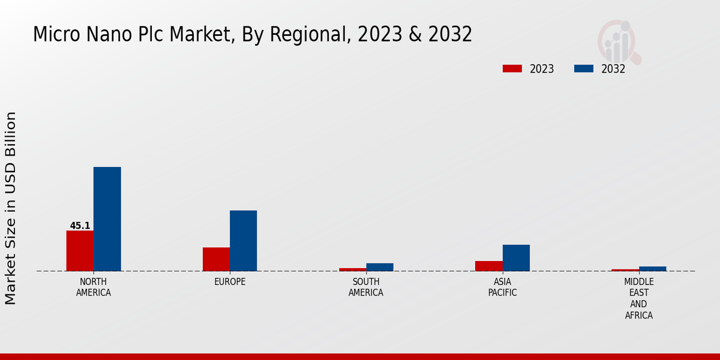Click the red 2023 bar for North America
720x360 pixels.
80,251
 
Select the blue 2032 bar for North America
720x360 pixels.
107,219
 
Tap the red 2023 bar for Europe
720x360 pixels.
216,259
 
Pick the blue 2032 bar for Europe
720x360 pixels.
243,241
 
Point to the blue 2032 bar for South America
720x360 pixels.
379,267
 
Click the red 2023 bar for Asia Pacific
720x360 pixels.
488,266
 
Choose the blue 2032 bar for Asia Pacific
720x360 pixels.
516,258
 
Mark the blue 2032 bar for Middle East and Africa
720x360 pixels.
652,269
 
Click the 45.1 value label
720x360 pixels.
80,226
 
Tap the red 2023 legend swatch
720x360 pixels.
512,69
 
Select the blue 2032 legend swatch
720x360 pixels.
583,69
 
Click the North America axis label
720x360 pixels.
94,287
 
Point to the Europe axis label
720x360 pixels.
230,282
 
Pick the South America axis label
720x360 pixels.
366,287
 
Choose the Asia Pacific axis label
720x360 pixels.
502,287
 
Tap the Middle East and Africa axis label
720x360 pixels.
638,298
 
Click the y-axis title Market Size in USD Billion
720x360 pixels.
11,208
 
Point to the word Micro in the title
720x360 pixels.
55,35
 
